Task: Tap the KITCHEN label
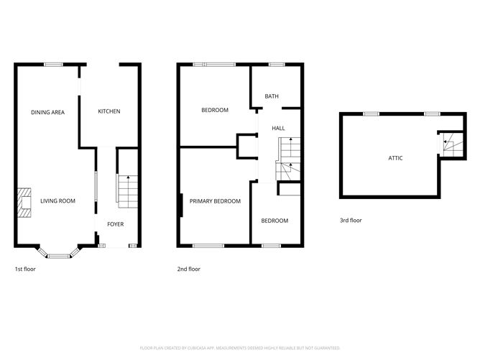(x=109, y=111)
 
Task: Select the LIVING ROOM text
(x=57, y=201)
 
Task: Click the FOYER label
(x=115, y=224)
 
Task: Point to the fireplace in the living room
(x=24, y=202)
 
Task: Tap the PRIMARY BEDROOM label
(x=215, y=201)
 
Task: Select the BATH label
(x=272, y=96)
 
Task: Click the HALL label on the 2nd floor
(x=278, y=128)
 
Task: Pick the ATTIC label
(x=395, y=157)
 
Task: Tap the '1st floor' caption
(x=25, y=269)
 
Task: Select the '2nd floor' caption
(x=189, y=269)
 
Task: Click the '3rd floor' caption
(x=351, y=221)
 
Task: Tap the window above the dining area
(x=53, y=65)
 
